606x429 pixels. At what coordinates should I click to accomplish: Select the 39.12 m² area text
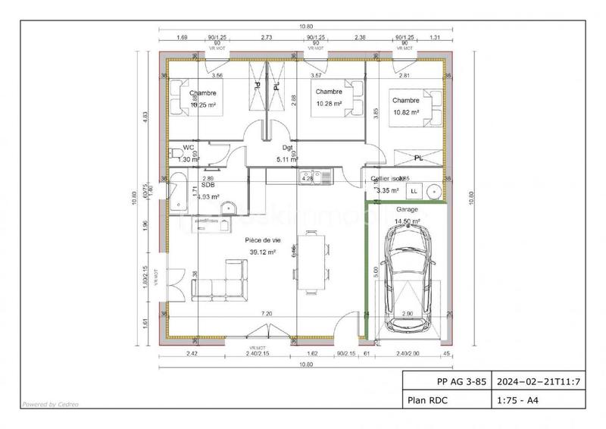(x=262, y=252)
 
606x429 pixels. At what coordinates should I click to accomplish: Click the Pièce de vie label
(x=262, y=240)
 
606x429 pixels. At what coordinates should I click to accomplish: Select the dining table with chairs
(x=312, y=261)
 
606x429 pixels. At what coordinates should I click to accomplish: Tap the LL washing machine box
(x=414, y=189)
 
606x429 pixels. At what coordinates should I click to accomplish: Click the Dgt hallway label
(x=287, y=149)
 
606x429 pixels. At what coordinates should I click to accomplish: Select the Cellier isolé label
(x=385, y=179)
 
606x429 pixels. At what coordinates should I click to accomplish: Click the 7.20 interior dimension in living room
(x=266, y=313)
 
